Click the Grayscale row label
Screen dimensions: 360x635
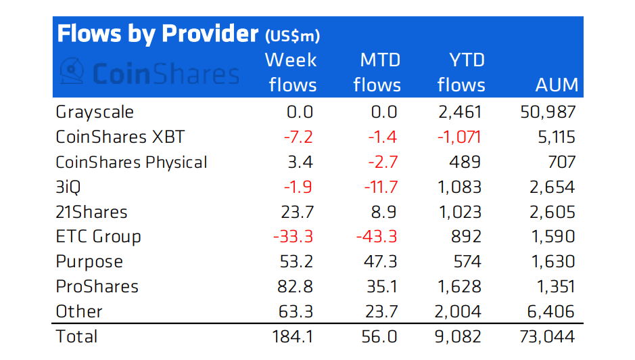click(x=95, y=112)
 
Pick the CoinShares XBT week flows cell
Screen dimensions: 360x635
click(x=298, y=137)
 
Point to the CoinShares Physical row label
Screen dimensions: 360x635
click(x=131, y=162)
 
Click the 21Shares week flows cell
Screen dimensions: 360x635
click(x=298, y=212)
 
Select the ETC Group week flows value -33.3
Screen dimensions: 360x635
click(x=293, y=237)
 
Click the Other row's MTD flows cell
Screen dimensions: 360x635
click(x=383, y=311)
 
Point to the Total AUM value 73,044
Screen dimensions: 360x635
click(x=547, y=336)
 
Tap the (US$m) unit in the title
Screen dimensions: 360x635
click(x=292, y=35)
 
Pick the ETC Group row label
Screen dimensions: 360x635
click(x=98, y=237)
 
